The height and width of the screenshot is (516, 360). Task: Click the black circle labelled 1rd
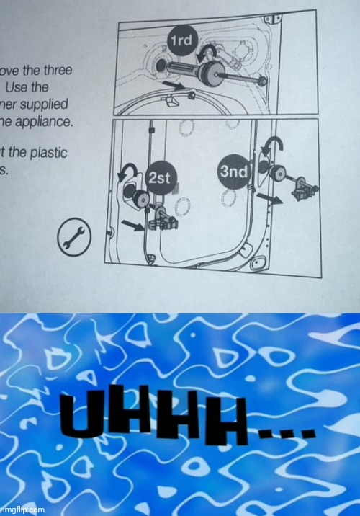(x=180, y=41)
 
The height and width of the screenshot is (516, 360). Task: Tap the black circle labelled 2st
(x=158, y=178)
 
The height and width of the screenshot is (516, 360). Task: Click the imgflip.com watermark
(x=22, y=509)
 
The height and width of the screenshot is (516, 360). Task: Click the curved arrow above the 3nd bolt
(x=273, y=148)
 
